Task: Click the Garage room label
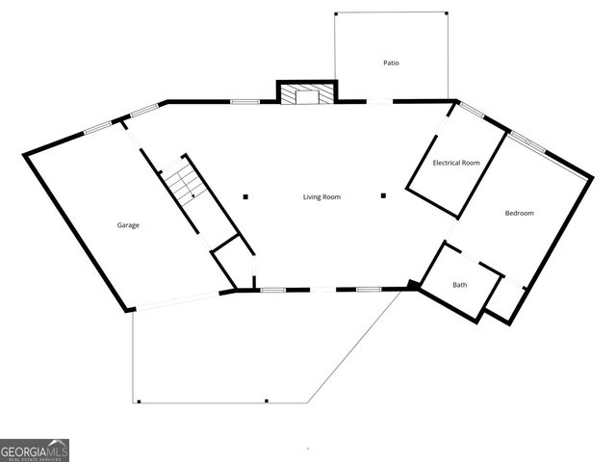click(128, 225)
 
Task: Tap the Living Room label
click(321, 197)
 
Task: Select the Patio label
click(391, 64)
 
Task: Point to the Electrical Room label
click(456, 163)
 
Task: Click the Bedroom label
click(519, 213)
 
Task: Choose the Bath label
click(460, 285)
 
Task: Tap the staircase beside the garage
click(182, 183)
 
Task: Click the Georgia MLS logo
click(35, 450)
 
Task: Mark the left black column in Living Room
click(245, 196)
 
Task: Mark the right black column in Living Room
click(383, 196)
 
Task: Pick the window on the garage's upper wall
click(97, 127)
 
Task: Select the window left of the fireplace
click(244, 101)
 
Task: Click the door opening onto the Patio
click(379, 101)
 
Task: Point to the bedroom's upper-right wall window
click(526, 142)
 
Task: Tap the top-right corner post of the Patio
click(447, 13)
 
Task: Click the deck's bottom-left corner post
click(139, 401)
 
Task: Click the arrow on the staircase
click(192, 193)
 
